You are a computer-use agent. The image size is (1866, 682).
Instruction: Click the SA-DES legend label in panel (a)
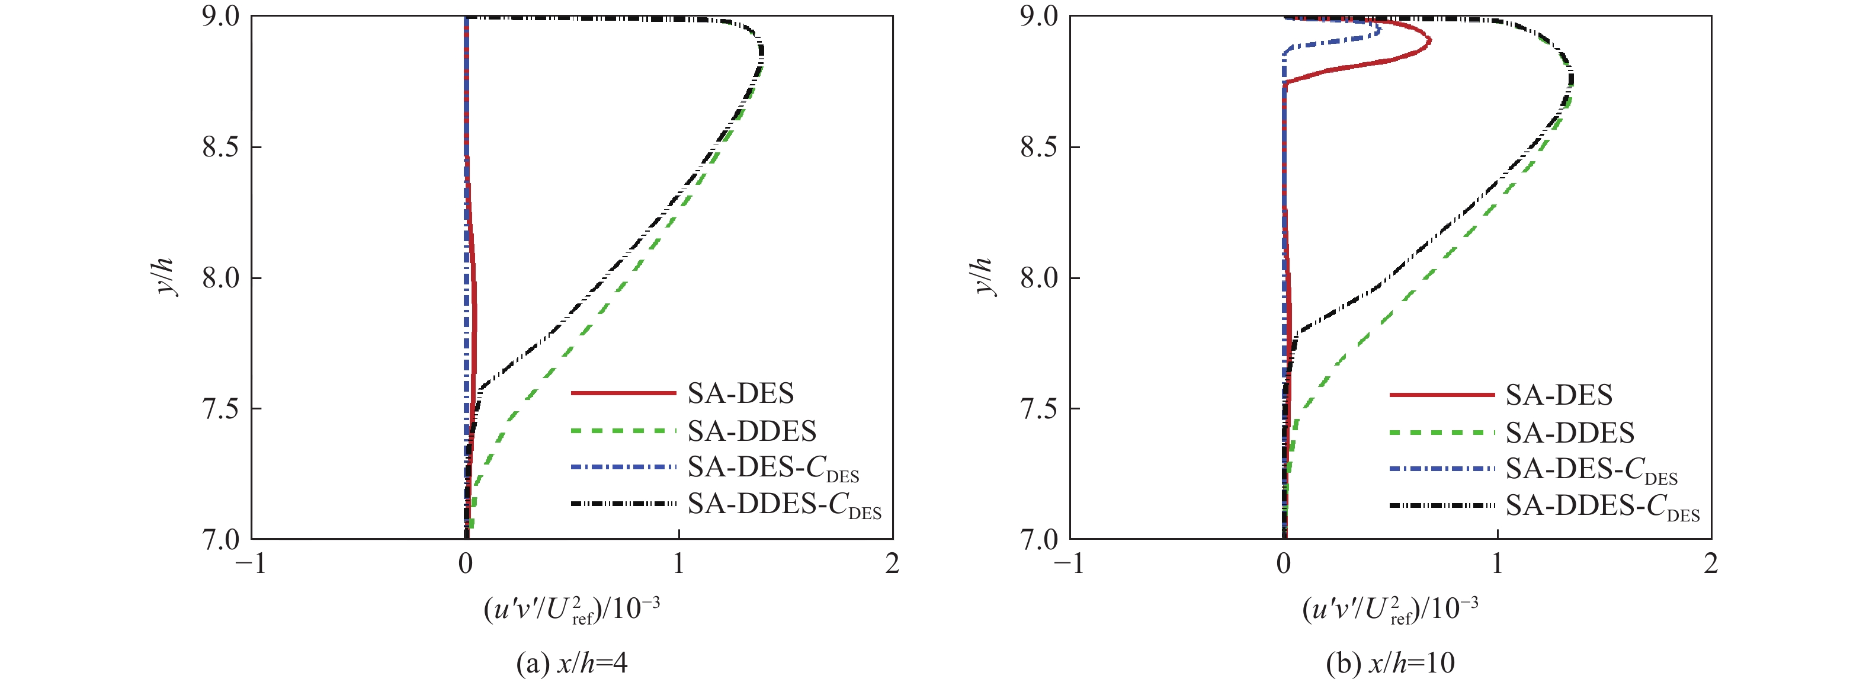pos(740,393)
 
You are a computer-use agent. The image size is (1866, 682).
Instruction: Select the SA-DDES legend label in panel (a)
pos(751,431)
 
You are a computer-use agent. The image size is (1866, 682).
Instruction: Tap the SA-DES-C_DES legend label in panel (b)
pos(1592,470)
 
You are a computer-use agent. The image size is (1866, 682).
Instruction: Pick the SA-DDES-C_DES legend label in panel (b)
pos(1602,506)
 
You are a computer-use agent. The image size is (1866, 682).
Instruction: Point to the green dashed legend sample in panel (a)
pos(623,431)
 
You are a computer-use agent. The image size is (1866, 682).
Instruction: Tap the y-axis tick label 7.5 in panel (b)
pos(1040,409)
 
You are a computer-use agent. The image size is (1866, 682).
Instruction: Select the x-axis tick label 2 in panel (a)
pos(892,563)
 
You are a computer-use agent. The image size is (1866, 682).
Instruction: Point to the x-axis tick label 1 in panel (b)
pos(1496,563)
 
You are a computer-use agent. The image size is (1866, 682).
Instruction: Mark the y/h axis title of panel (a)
pos(166,276)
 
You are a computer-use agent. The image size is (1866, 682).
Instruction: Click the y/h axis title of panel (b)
pos(985,276)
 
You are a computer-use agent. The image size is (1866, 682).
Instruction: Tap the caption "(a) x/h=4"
pos(572,662)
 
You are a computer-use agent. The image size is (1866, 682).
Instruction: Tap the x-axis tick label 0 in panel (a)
pos(465,563)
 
